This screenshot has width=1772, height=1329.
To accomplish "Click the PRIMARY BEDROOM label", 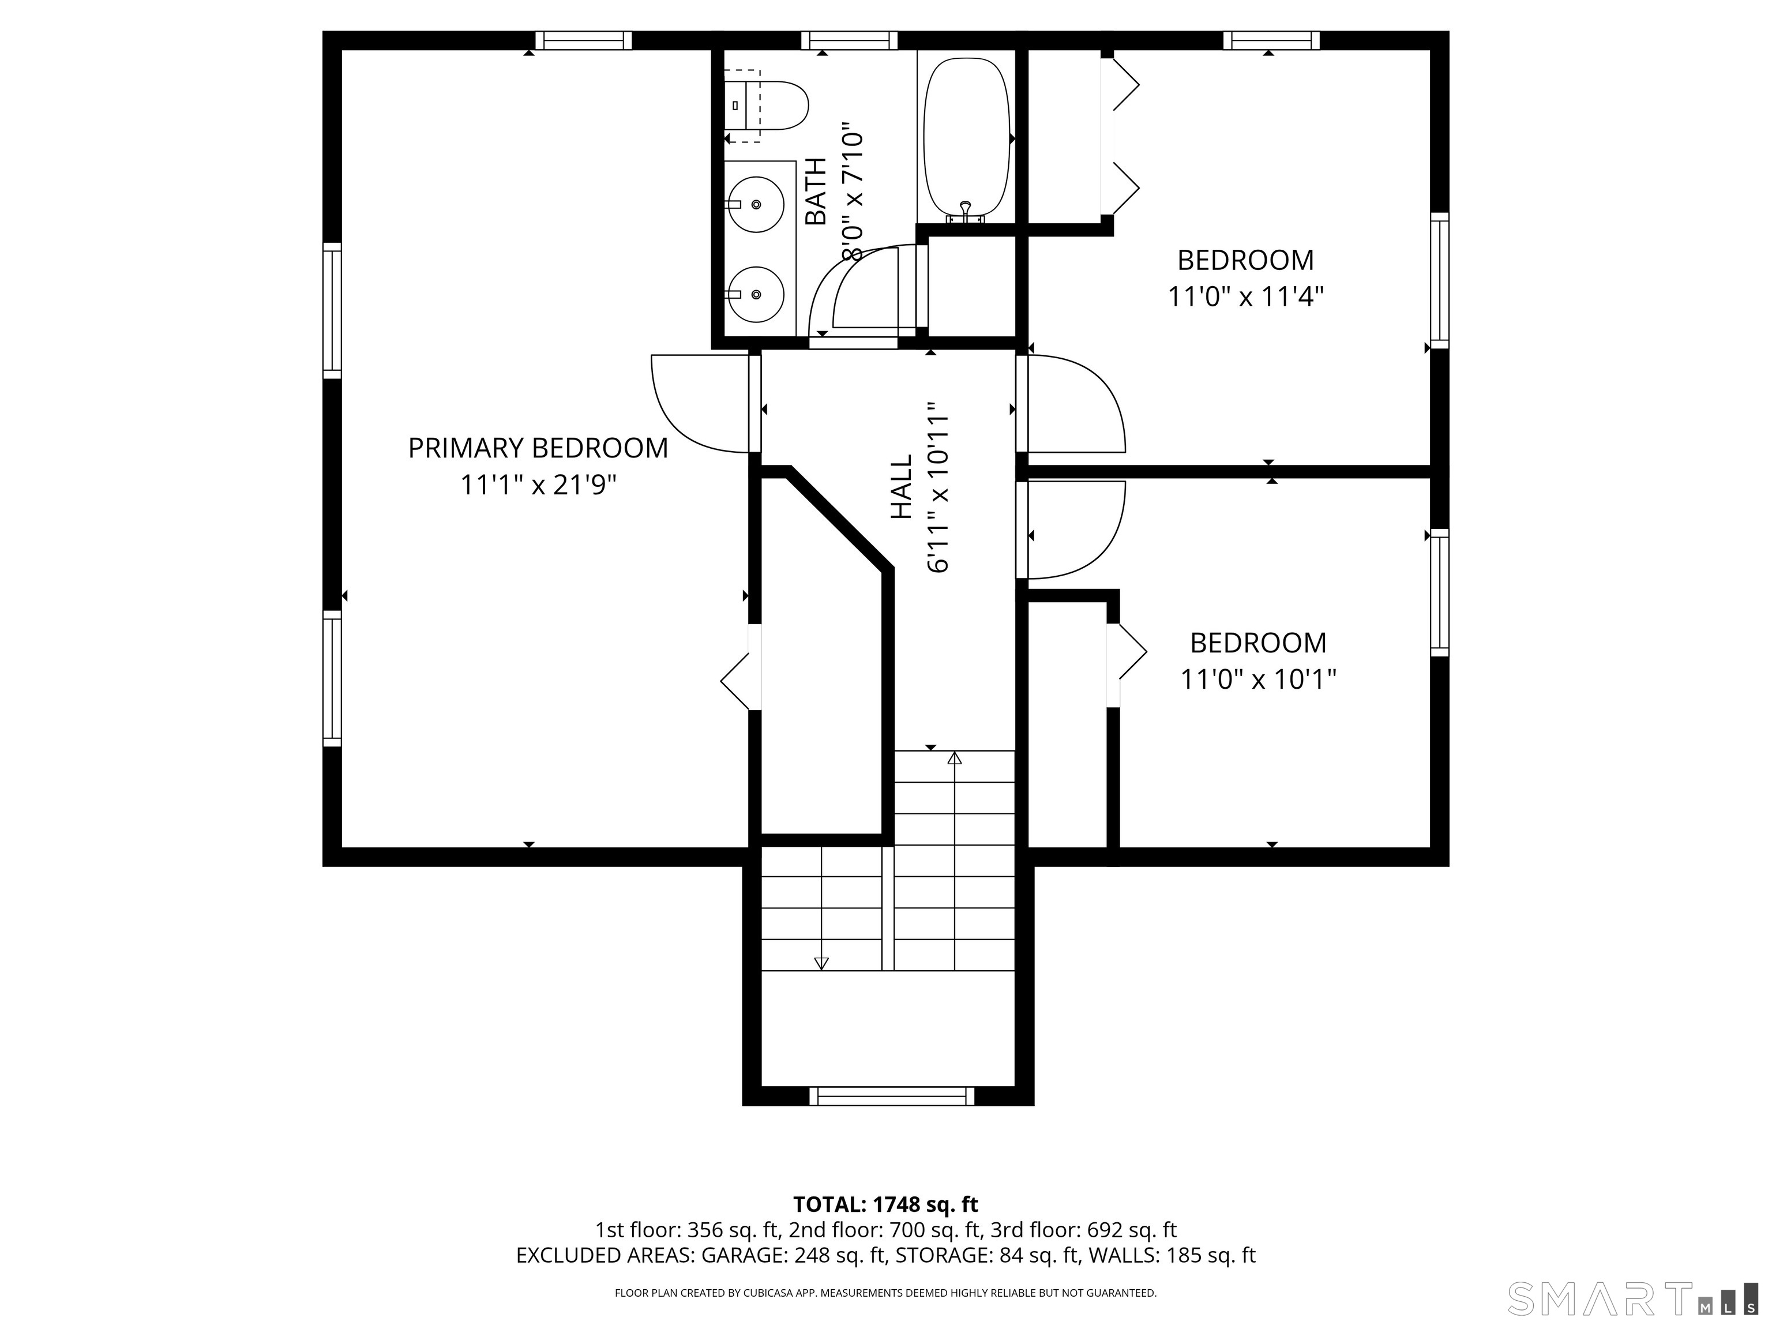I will (538, 448).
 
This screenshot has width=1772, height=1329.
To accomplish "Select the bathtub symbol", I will (966, 138).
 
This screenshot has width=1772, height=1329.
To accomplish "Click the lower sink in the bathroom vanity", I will (756, 294).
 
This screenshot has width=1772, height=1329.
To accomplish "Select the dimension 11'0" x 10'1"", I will (1257, 680).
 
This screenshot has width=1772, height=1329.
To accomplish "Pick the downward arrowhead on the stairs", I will (821, 964).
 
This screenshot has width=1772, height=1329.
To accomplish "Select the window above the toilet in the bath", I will (849, 40).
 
